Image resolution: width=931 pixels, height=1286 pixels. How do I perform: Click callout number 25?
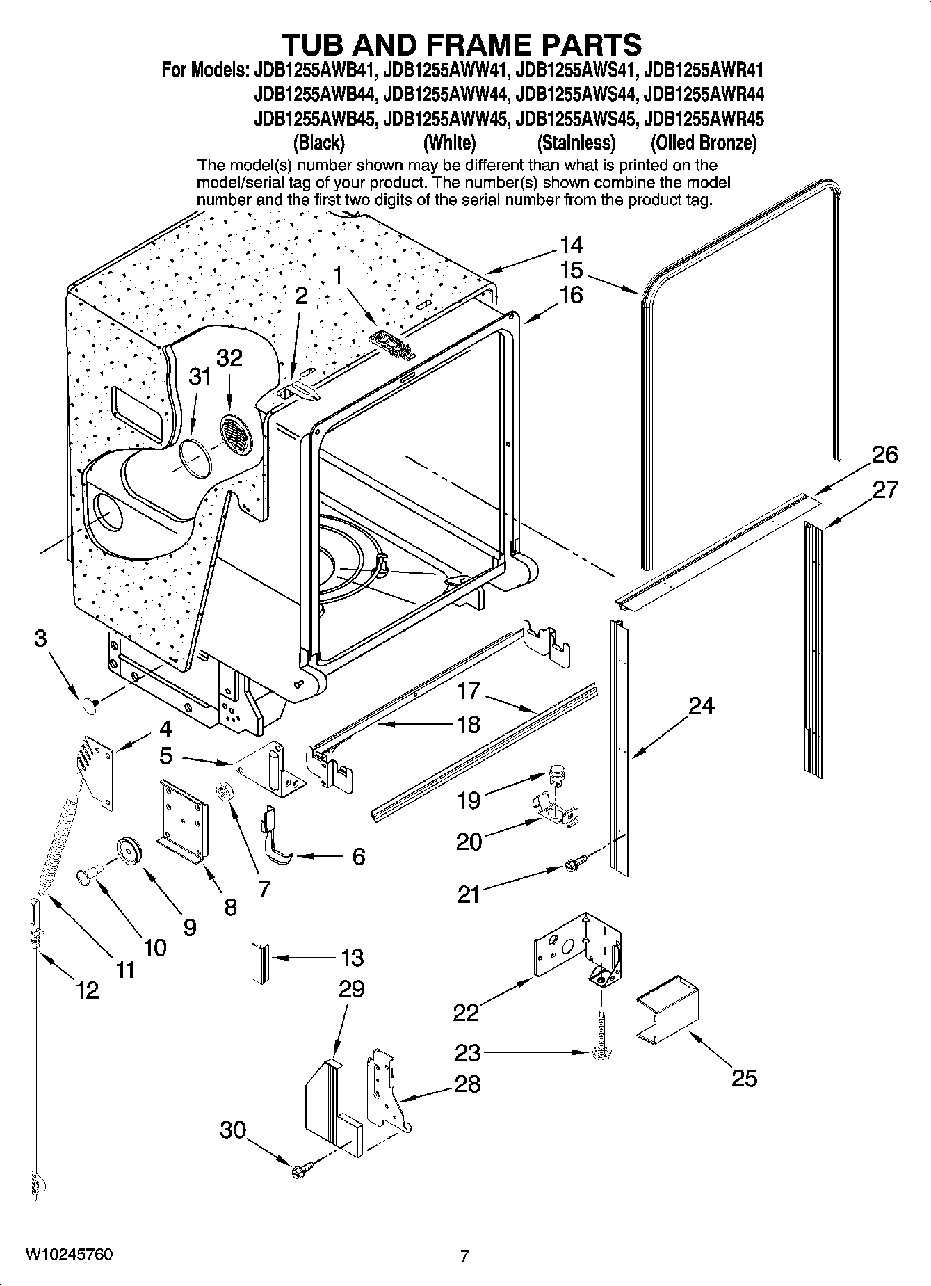743,1078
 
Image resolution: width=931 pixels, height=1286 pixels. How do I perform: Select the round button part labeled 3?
88,706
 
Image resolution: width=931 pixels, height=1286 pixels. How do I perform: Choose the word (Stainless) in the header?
576,143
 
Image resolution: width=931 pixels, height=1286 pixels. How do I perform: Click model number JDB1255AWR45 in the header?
704,119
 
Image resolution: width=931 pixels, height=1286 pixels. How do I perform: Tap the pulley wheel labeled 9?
129,851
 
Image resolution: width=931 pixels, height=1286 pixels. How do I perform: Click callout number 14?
571,246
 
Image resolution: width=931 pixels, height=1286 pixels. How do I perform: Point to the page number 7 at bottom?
464,1255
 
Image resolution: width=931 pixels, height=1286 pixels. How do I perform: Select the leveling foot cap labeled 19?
557,771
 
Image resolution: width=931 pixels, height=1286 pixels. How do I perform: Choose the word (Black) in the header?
318,143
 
